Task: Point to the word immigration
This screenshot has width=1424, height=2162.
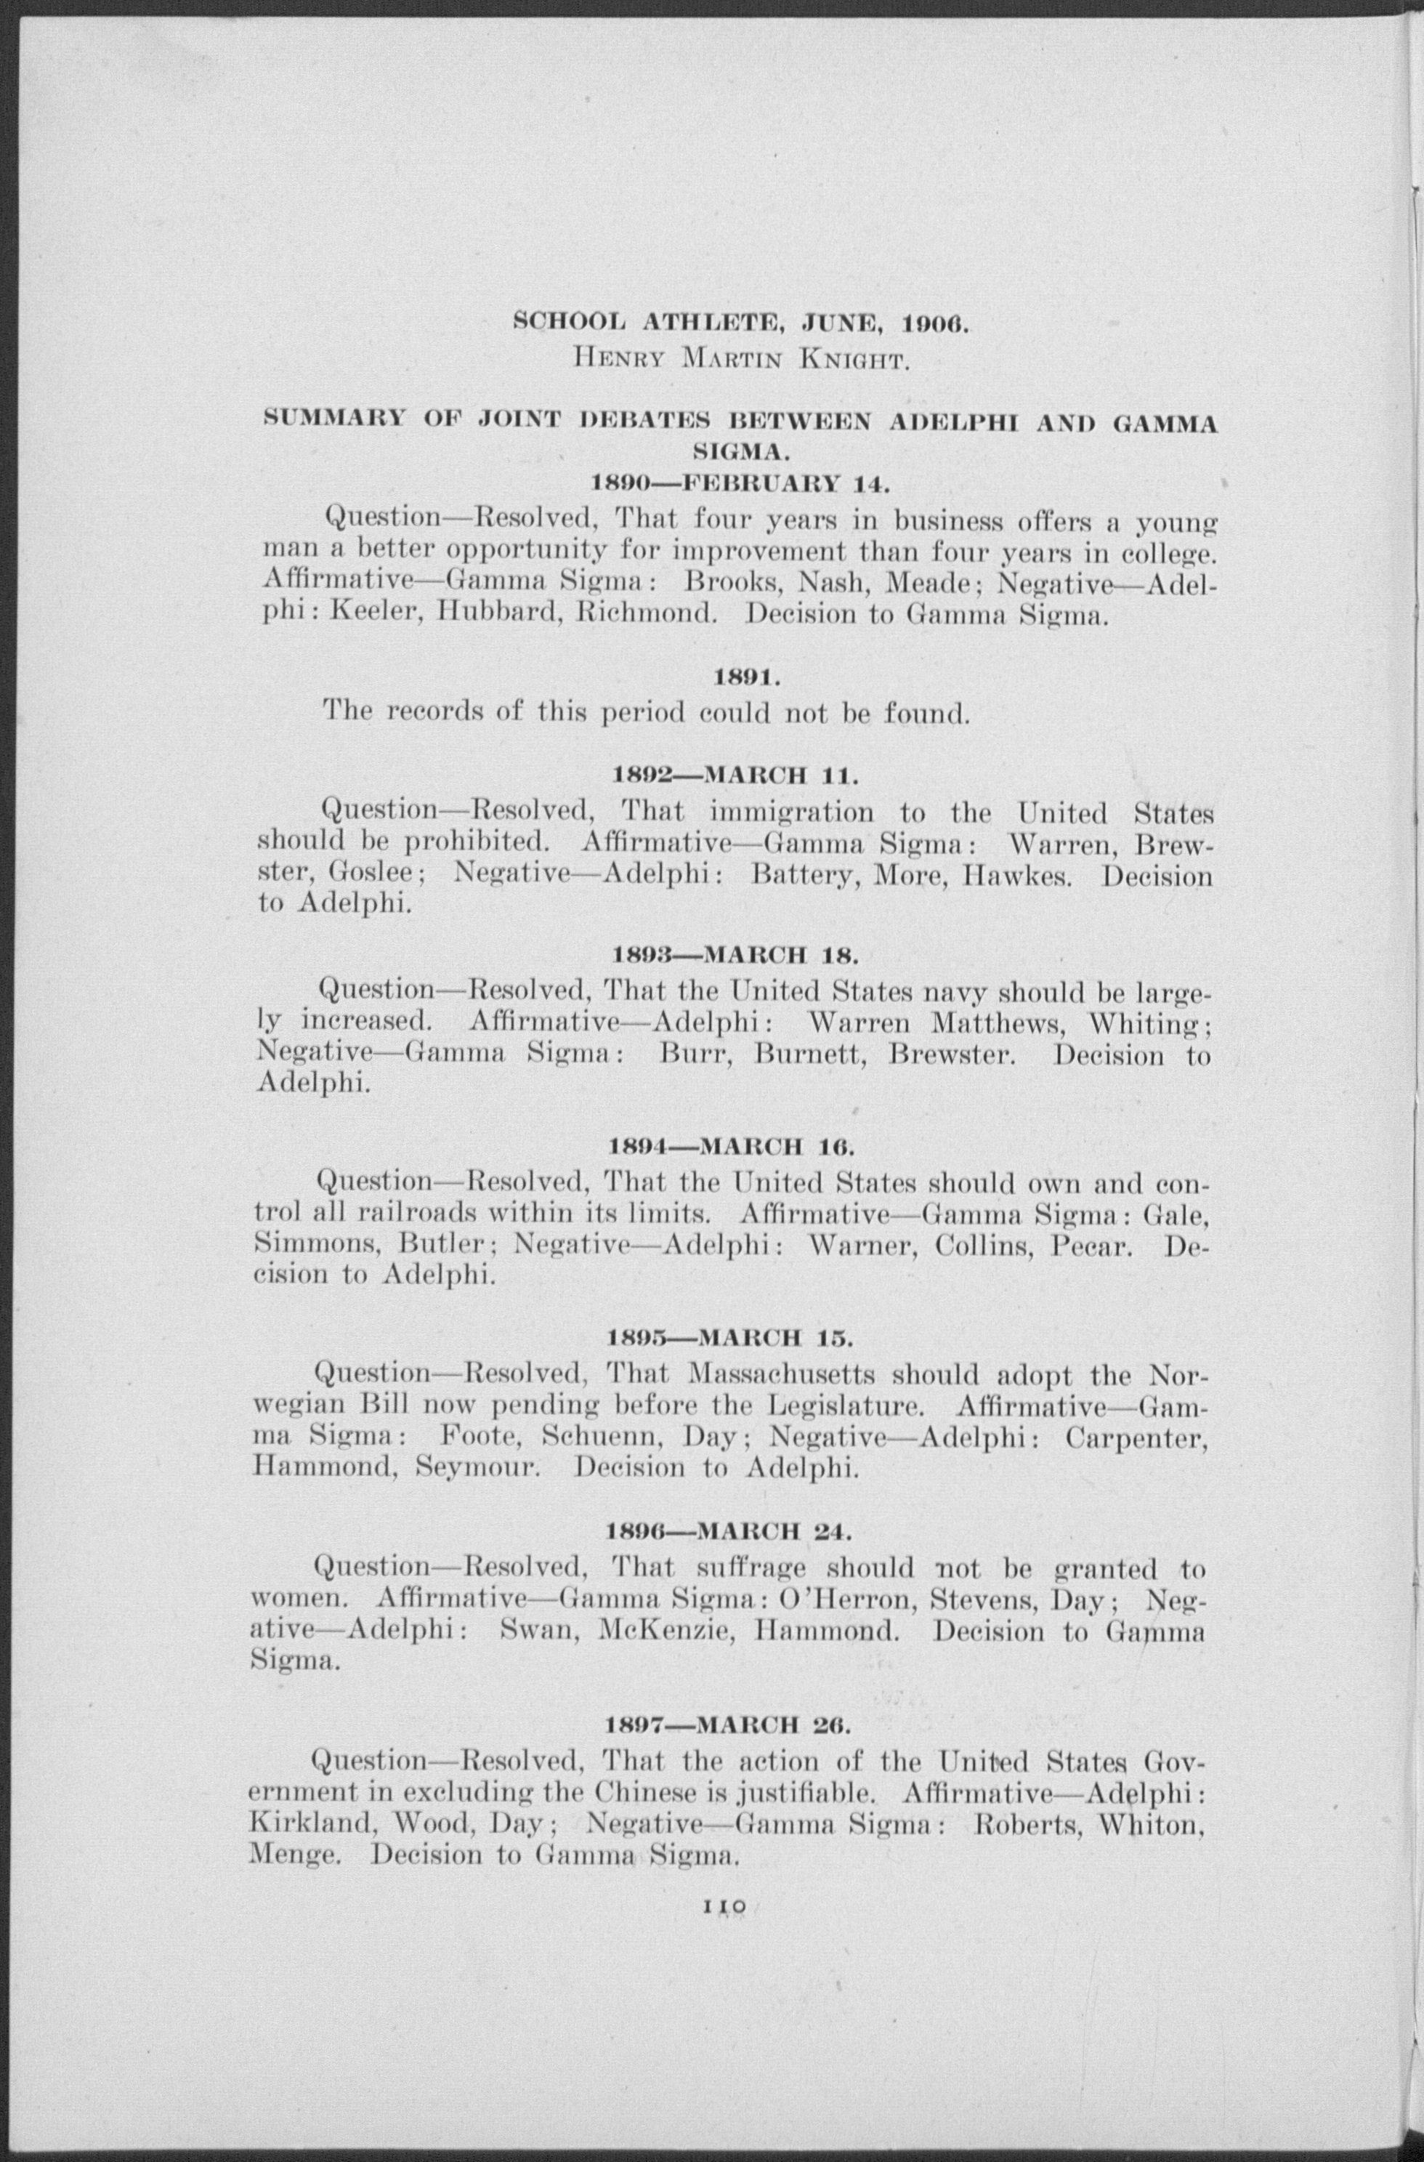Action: [x=791, y=810]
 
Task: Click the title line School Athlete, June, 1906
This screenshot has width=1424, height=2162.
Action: [x=742, y=323]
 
